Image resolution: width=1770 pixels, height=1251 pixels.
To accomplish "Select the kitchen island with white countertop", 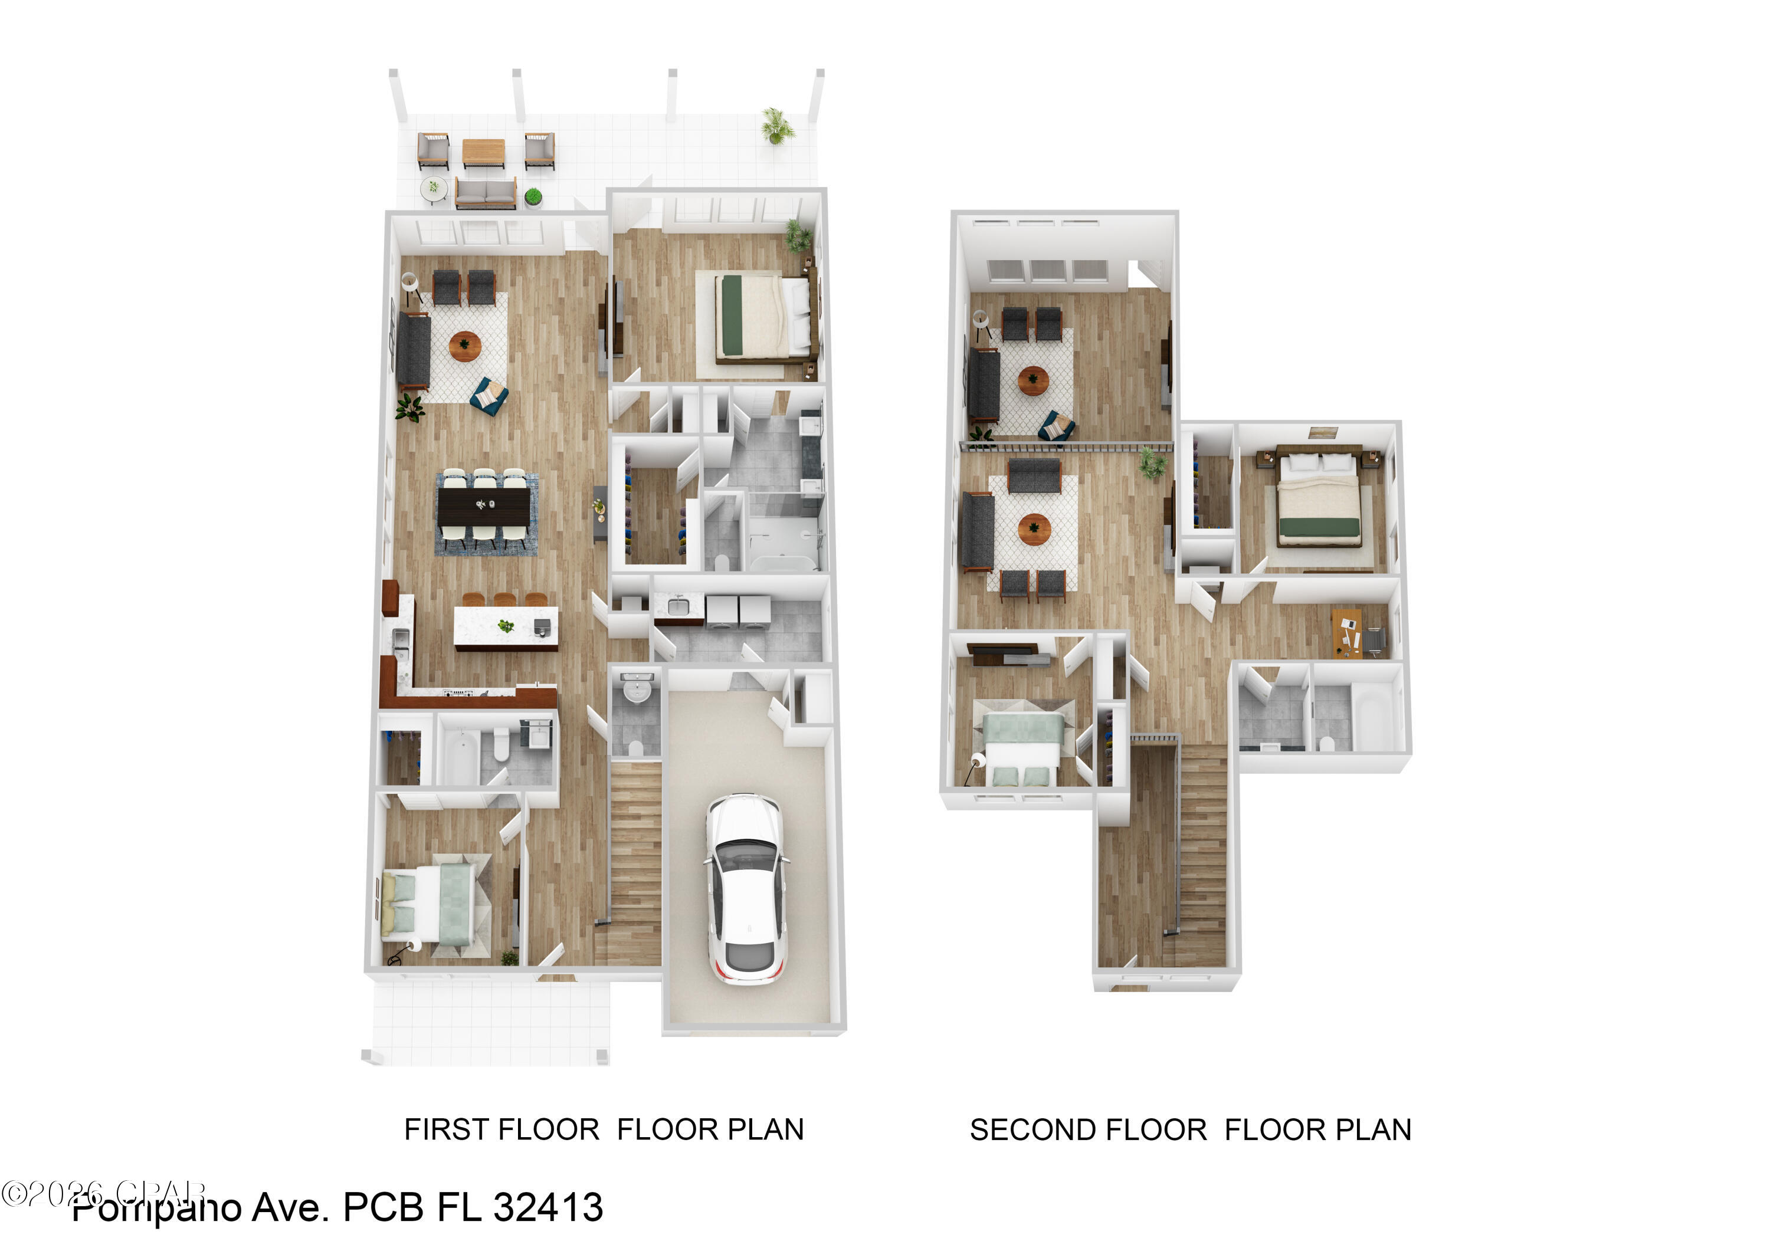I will click(506, 626).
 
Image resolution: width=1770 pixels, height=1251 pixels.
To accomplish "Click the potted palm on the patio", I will click(777, 126).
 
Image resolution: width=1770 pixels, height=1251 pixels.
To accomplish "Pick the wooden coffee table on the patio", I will click(483, 151).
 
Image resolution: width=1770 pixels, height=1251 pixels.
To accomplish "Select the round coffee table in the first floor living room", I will click(465, 346).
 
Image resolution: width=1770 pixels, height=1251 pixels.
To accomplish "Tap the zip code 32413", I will click(548, 1207).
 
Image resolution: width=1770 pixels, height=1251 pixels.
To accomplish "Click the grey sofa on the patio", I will click(486, 192).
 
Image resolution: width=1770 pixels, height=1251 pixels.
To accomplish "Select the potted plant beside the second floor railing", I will click(1152, 462).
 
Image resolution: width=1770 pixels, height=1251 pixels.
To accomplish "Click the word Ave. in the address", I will click(290, 1207).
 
